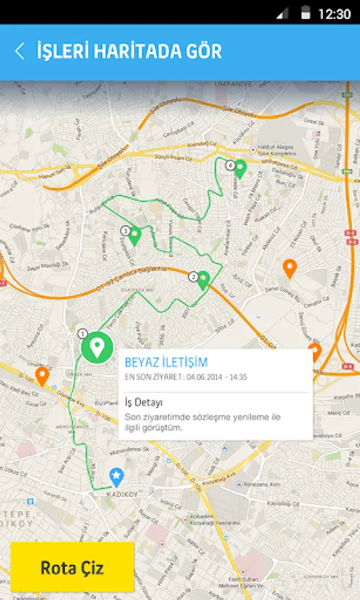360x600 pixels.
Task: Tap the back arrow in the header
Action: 19,51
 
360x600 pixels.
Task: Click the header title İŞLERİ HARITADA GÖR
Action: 129,51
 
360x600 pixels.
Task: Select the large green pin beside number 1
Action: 97,347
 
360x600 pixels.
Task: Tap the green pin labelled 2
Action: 203,279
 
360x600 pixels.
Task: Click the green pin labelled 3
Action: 135,235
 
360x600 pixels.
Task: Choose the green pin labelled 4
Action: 240,168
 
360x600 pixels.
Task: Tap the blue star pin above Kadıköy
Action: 117,476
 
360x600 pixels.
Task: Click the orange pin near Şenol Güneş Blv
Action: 289,268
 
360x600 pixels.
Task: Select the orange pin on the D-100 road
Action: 42,376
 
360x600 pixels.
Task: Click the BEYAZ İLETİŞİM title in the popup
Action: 167,363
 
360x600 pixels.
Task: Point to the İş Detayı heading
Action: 144,403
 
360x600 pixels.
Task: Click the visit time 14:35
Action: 237,377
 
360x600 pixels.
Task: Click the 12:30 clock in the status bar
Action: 334,13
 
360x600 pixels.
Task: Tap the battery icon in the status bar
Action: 305,13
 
